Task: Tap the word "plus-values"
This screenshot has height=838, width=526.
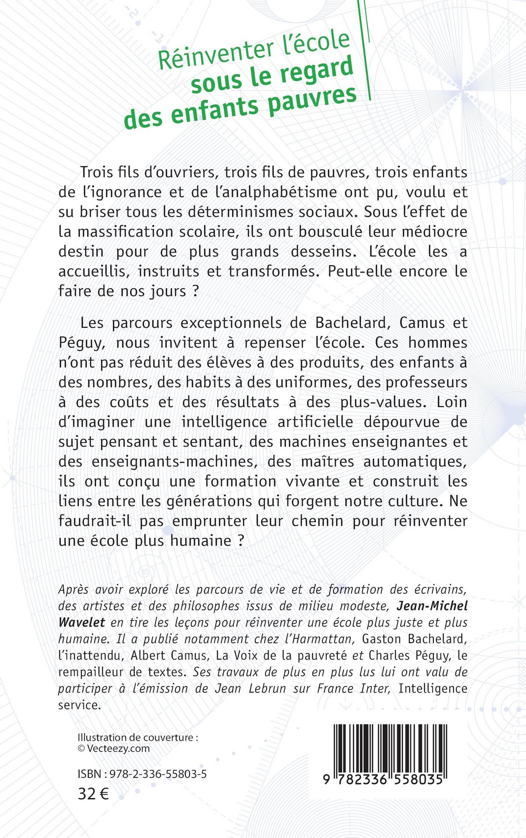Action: (383, 402)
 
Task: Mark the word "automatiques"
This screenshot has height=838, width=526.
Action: (415, 461)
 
